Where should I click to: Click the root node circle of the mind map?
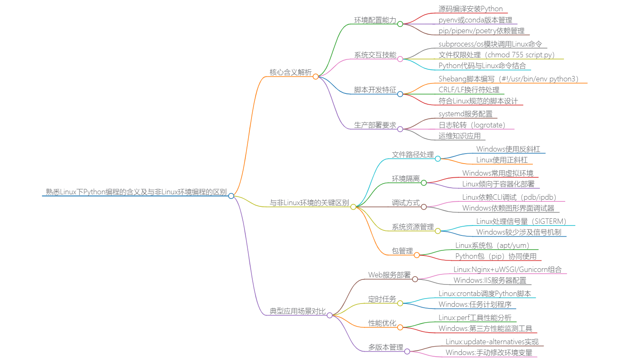[x=231, y=196]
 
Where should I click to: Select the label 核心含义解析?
[x=290, y=72]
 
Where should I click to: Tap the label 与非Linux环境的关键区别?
[x=309, y=203]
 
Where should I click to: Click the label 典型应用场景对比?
[x=298, y=311]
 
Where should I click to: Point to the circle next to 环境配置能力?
[x=400, y=24]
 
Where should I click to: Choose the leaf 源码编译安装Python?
[x=470, y=9]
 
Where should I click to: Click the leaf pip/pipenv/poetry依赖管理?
[x=481, y=31]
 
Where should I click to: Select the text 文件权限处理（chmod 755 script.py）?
[x=496, y=55]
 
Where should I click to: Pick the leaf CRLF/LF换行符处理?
[x=469, y=90]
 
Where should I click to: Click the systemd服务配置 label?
[x=465, y=114]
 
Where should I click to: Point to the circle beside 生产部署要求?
[x=400, y=129]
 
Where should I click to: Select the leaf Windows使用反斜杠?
[x=508, y=149]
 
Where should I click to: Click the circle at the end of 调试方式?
[x=424, y=207]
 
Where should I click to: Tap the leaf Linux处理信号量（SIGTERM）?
[x=521, y=221]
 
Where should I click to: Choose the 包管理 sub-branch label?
[x=402, y=251]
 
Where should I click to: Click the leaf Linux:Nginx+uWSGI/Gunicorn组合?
[x=507, y=269]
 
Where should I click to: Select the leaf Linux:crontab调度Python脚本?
[x=485, y=294]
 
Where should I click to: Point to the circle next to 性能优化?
[x=400, y=327]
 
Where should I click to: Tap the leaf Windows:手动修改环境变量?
[x=489, y=353]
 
